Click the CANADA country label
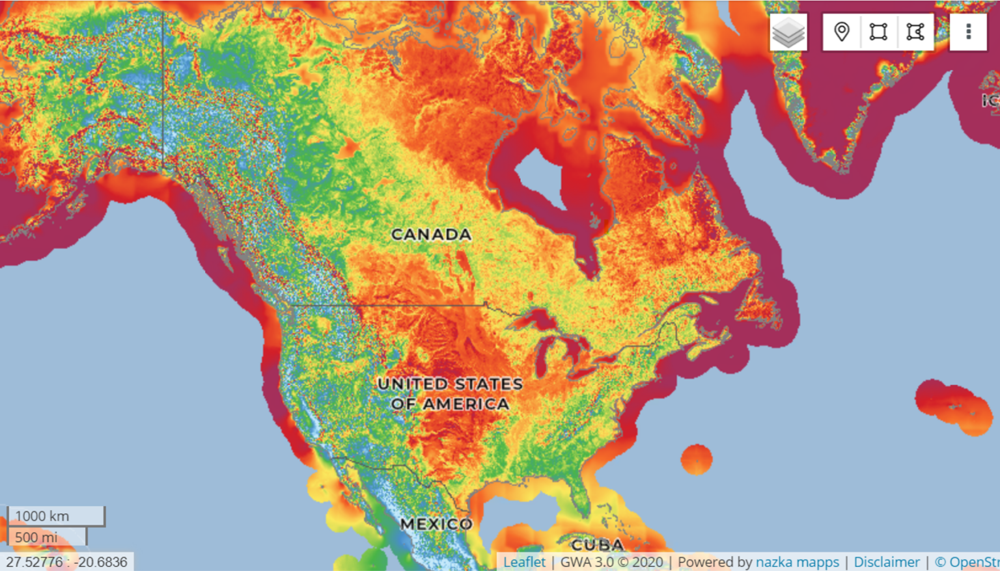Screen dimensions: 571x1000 [x=431, y=234]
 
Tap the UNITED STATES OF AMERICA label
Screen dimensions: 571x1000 [x=450, y=393]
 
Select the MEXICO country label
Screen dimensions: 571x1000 [x=436, y=524]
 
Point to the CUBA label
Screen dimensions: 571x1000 [x=597, y=544]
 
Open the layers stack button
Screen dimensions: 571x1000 [x=788, y=32]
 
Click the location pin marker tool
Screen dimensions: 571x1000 [x=842, y=32]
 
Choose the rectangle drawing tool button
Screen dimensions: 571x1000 [x=878, y=32]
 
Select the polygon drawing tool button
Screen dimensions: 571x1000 [x=915, y=32]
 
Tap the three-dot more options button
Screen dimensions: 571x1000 [x=968, y=32]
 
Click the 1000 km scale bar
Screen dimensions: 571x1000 [x=56, y=516]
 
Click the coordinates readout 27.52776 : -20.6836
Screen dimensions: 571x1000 [x=66, y=562]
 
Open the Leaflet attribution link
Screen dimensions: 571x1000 [x=524, y=562]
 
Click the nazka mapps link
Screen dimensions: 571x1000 [x=798, y=562]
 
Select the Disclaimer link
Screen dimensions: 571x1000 [x=887, y=562]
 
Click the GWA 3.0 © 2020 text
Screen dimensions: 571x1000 [x=611, y=562]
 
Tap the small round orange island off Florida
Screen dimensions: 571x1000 [x=697, y=459]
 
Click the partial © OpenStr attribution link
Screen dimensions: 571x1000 [x=967, y=562]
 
